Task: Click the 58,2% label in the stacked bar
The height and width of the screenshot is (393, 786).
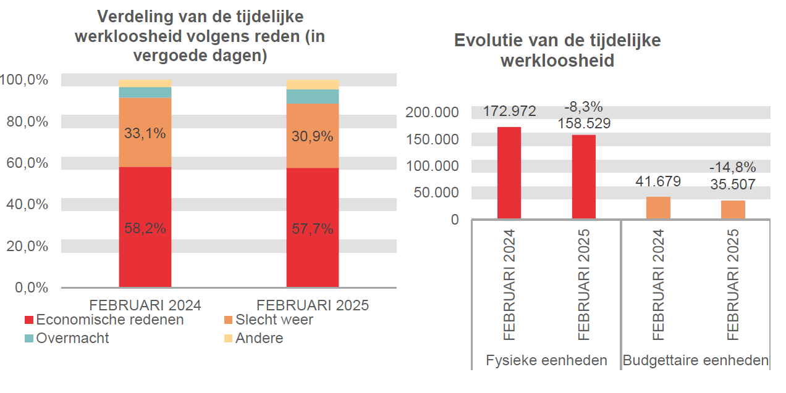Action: pyautogui.click(x=145, y=228)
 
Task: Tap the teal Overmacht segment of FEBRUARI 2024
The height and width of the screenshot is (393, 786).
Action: pyautogui.click(x=145, y=93)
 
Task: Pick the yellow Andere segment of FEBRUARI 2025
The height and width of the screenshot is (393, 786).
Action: pyautogui.click(x=312, y=85)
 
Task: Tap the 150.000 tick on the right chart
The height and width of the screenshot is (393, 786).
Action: pyautogui.click(x=433, y=139)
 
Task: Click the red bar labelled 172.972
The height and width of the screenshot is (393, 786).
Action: pyautogui.click(x=509, y=173)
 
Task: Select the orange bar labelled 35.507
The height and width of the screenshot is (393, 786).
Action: pyautogui.click(x=733, y=210)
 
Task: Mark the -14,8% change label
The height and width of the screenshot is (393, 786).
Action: pyautogui.click(x=733, y=167)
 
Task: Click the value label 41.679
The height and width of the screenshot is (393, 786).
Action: pyautogui.click(x=658, y=181)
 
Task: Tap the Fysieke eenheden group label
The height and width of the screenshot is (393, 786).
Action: pyautogui.click(x=546, y=360)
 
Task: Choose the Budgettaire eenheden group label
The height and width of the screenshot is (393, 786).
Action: pyautogui.click(x=696, y=360)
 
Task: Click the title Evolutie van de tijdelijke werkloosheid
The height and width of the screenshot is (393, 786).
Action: pyautogui.click(x=557, y=51)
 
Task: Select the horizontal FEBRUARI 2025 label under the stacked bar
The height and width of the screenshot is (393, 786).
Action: pyautogui.click(x=312, y=305)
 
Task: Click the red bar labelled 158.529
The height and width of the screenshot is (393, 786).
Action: pyautogui.click(x=583, y=177)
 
